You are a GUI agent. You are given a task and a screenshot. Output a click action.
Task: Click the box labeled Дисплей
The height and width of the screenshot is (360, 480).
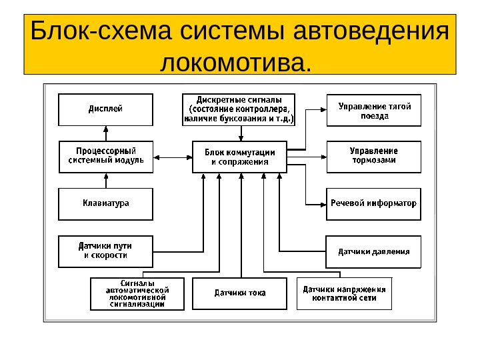pyautogui.click(x=105, y=110)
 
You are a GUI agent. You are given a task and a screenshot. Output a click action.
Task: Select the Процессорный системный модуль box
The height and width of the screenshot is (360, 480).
pyautogui.click(x=105, y=157)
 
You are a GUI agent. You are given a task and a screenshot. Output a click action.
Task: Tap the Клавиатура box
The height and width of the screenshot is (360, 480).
pyautogui.click(x=105, y=203)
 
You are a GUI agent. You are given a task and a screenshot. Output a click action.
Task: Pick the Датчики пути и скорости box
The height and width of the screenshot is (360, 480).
pyautogui.click(x=105, y=251)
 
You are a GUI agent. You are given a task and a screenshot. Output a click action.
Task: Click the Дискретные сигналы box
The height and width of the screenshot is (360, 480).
pyautogui.click(x=239, y=110)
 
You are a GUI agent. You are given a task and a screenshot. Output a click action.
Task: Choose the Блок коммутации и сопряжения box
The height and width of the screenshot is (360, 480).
pyautogui.click(x=239, y=157)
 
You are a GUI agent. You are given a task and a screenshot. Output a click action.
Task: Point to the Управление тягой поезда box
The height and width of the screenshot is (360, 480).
pyautogui.click(x=373, y=110)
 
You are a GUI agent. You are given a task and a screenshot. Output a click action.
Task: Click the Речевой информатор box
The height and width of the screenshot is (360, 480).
pyautogui.click(x=373, y=203)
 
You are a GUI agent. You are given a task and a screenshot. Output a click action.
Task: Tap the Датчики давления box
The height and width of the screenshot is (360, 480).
pyautogui.click(x=373, y=252)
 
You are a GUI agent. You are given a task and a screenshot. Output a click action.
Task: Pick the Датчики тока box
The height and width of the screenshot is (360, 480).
pyautogui.click(x=239, y=293)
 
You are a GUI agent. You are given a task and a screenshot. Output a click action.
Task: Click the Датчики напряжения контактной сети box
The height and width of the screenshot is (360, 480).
pyautogui.click(x=344, y=293)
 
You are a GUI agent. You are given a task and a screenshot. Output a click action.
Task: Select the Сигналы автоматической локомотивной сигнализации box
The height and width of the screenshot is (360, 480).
pyautogui.click(x=137, y=293)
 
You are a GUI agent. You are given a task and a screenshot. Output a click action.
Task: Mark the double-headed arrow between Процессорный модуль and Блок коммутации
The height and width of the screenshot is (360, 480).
pyautogui.click(x=173, y=157)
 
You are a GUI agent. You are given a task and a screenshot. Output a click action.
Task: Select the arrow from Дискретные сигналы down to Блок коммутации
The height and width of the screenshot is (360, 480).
pyautogui.click(x=239, y=133)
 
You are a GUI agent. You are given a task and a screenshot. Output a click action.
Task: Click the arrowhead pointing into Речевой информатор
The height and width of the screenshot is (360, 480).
pyautogui.click(x=321, y=203)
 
